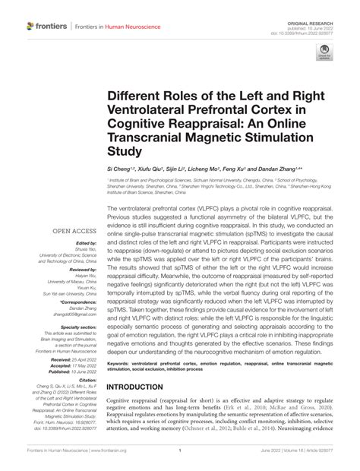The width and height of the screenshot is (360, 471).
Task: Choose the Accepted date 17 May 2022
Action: click(74, 369)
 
